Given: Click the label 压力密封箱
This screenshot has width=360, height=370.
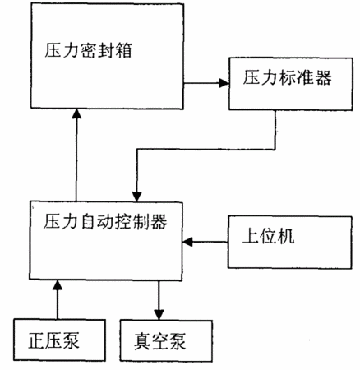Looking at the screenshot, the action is [88, 50].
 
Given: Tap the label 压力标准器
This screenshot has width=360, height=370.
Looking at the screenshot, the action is [287, 78].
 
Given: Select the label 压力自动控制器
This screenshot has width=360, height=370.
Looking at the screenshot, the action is [105, 221].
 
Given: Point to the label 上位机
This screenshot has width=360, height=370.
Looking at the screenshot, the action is [269, 236].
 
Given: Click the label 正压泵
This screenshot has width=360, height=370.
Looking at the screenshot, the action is [53, 340].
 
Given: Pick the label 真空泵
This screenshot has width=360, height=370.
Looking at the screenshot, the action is [159, 341].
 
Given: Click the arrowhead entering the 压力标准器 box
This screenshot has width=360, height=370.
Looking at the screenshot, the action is [224, 83].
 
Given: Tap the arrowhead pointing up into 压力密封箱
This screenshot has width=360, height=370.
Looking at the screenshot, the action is [76, 113].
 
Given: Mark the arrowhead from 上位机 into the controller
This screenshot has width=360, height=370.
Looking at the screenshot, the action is [187, 242].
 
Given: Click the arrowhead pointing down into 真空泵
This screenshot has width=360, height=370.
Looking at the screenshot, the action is [159, 315].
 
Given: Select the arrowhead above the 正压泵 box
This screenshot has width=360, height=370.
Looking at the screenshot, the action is [58, 285].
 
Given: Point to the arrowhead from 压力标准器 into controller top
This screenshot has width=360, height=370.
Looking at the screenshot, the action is [136, 197].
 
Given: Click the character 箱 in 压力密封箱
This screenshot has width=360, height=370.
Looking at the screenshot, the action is [123, 50].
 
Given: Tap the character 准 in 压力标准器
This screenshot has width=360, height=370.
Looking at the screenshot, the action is [305, 78].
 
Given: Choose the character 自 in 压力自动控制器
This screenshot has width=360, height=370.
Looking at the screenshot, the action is [87, 221].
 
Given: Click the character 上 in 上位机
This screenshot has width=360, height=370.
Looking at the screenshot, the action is [251, 236].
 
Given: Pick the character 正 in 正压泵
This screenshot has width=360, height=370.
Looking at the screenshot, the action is [36, 340].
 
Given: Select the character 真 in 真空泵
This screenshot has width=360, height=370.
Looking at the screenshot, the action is [142, 341].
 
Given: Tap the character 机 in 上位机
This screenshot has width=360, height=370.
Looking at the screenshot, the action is [286, 236].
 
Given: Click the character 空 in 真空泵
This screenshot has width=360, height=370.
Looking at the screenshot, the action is [160, 341].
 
